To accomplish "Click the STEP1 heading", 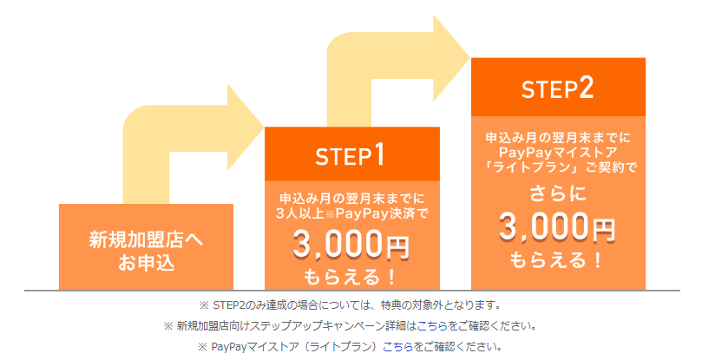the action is pos(350,155).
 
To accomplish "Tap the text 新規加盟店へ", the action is pos(146,239).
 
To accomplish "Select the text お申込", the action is pos(146,263).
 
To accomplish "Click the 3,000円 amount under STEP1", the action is pos(351,245).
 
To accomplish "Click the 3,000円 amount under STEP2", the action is pos(557,226).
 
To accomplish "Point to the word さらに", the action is pos(558,194).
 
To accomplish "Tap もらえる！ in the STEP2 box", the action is pos(556,260).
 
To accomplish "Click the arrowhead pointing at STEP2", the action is pos(451,58).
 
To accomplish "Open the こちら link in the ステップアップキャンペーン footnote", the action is pos(432,326).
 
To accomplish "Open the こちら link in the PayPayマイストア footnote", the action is pos(398,347).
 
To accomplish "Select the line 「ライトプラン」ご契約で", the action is pos(558,167).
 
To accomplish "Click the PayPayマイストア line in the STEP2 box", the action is pos(558,152).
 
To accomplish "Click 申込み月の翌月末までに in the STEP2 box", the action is pos(558,137).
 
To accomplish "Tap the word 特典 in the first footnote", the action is pos(390,305).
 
